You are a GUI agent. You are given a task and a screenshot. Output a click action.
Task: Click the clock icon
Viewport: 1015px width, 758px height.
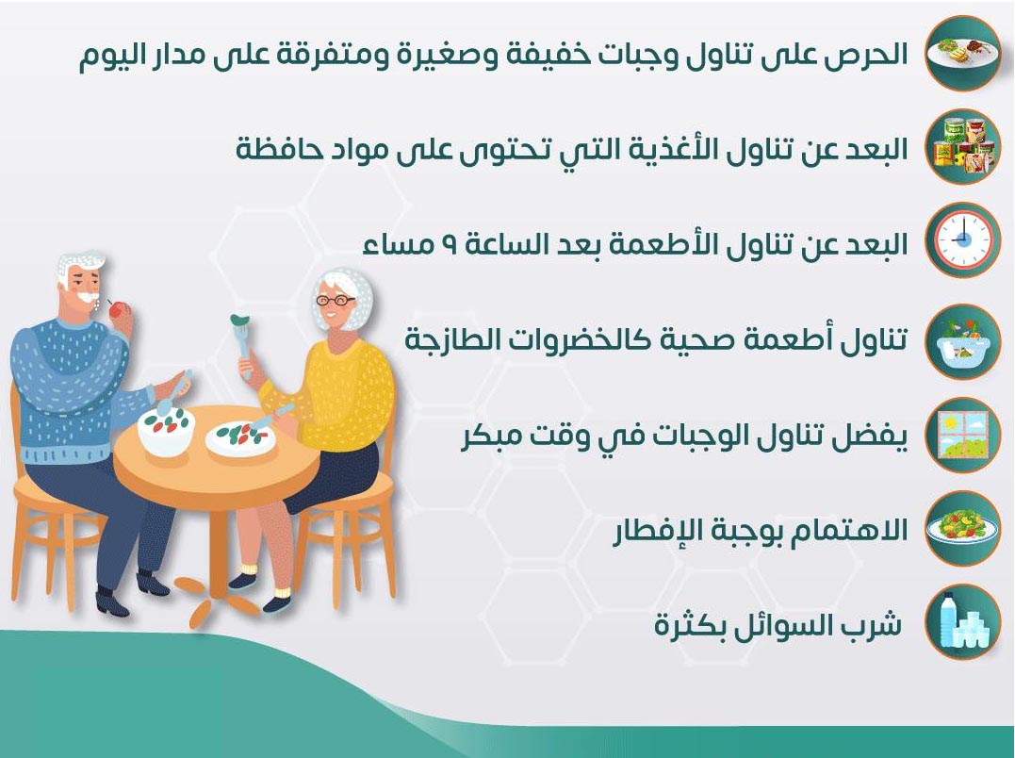(x=962, y=240)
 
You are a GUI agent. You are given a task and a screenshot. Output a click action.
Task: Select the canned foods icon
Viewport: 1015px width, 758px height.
(x=962, y=146)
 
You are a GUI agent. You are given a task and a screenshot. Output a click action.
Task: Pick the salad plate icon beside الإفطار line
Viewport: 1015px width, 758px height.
(x=962, y=528)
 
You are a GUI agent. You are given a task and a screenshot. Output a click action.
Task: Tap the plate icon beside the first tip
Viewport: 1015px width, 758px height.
(x=962, y=52)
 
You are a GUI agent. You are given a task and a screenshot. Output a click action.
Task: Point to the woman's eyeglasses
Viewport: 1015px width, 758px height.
(x=335, y=301)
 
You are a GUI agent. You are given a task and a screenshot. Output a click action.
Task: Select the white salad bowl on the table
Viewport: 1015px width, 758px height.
(x=166, y=429)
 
